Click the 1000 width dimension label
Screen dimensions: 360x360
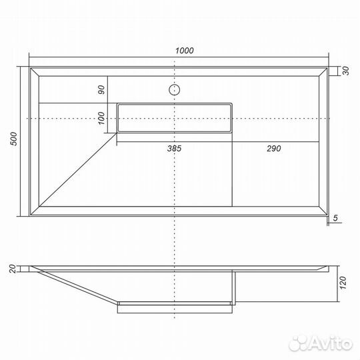(185, 51)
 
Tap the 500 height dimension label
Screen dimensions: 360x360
(14, 139)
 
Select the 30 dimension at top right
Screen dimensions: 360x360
(345, 71)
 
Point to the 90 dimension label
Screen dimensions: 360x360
(101, 89)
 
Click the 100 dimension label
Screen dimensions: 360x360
(101, 118)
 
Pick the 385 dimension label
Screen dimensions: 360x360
(174, 149)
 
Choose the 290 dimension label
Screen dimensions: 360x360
(274, 149)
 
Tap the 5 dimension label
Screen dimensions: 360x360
(335, 218)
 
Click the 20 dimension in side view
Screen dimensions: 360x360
(13, 269)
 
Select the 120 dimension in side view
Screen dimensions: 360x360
(343, 283)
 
